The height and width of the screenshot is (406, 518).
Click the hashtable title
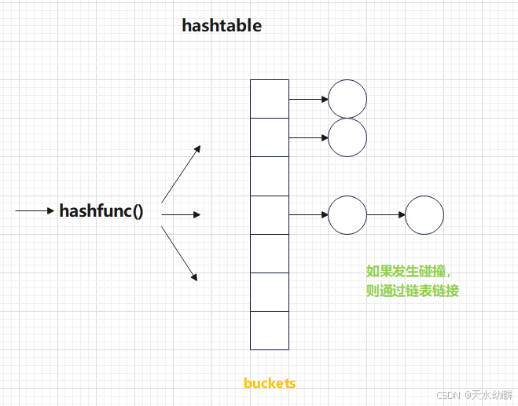pos(222,25)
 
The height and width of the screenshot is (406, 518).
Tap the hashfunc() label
pos(101,211)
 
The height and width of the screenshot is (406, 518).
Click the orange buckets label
pos(270,383)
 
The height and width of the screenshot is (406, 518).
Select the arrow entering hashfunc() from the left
pos(35,211)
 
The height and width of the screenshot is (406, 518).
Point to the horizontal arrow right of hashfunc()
pos(182,214)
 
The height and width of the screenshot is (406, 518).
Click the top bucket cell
pos(270,98)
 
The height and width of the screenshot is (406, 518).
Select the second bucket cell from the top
pos(270,137)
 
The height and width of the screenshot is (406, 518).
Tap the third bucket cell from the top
pos(270,175)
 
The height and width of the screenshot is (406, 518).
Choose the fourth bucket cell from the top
pos(270,214)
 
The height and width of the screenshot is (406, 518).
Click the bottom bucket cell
pos(270,330)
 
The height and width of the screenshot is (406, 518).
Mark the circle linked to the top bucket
pos(347,99)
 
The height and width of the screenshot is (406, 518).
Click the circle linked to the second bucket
pos(347,137)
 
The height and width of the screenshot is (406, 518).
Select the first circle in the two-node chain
pos(347,214)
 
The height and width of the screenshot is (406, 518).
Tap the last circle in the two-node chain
pos(424,214)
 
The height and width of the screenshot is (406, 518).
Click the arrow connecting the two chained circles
pos(386,214)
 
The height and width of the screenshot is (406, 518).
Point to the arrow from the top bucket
pos(308,99)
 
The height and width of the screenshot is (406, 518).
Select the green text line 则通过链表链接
pos(413,291)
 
